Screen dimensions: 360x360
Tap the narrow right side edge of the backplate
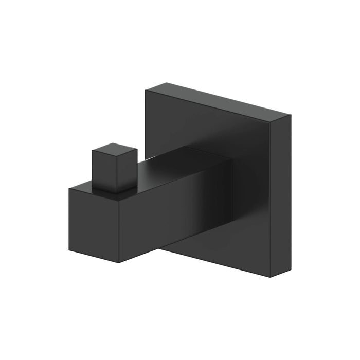tap(281, 195)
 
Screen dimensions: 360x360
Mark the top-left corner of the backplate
tap(146, 92)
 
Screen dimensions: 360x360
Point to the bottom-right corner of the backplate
tap(272, 278)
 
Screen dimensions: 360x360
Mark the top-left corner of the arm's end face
tap(69, 188)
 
